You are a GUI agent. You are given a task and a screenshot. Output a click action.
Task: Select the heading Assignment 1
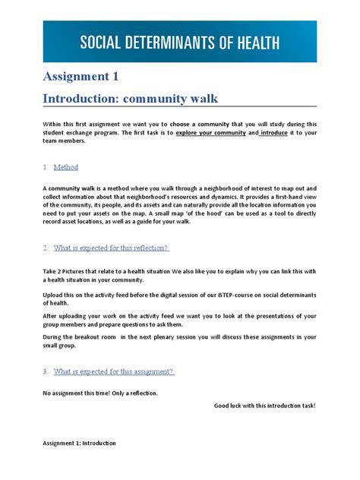pos(80,76)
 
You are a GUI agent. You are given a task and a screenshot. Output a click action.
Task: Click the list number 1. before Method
pos(46,167)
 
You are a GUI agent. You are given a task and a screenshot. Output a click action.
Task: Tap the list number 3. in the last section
pos(46,371)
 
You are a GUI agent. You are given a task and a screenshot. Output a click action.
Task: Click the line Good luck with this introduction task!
pos(264,406)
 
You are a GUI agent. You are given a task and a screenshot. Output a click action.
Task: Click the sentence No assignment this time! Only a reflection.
pos(99,393)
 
